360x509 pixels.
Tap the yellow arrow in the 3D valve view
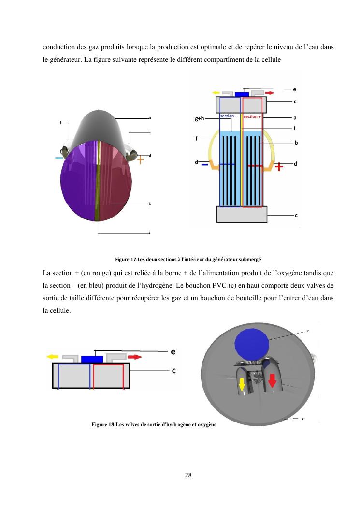pos(242,384)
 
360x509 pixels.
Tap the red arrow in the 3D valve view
pos(273,380)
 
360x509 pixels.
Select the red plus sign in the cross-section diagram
pos(279,167)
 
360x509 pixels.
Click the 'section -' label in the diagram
pos(228,116)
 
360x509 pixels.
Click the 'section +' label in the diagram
pos(252,116)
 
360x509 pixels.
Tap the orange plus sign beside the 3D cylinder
pos(140,159)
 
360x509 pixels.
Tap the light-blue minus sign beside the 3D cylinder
pos(59,158)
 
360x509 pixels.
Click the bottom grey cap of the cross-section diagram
pos(242,214)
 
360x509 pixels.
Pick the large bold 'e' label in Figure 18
pos(172,352)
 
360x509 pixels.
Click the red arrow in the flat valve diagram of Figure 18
pos(135,357)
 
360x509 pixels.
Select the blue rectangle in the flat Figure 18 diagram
pos(92,359)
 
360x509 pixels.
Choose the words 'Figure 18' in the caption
pos(103,425)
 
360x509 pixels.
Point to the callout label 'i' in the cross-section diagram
pos(295,128)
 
